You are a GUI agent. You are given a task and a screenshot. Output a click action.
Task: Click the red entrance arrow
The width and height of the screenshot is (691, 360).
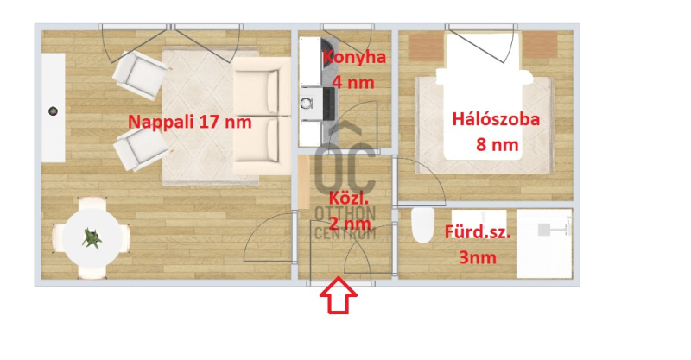click(x=339, y=295)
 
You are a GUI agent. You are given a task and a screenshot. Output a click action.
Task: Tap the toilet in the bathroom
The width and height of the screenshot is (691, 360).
click(x=423, y=225)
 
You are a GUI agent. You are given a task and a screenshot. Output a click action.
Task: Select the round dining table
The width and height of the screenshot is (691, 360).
click(x=92, y=238)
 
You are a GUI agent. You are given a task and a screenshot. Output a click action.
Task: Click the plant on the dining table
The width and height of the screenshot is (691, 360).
click(x=92, y=238)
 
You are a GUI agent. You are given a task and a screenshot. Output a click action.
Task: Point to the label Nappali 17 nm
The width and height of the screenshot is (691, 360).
click(x=189, y=122)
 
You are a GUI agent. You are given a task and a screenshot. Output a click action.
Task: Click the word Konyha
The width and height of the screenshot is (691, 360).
click(x=355, y=57)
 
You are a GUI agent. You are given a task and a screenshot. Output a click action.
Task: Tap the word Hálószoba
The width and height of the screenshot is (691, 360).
click(x=496, y=119)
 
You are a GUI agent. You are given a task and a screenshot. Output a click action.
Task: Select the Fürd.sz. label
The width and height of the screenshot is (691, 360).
click(x=478, y=231)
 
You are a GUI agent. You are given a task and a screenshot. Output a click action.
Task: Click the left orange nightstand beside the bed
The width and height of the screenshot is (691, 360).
click(x=426, y=46)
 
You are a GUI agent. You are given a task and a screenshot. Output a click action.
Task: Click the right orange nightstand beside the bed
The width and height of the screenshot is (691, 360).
click(x=540, y=45)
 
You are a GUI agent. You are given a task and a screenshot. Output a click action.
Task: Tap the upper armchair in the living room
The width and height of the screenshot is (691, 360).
click(x=140, y=74)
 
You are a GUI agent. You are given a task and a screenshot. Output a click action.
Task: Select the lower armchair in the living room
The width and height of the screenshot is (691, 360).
click(x=141, y=148)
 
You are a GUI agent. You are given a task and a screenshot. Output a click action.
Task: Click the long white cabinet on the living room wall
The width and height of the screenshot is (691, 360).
click(x=54, y=108)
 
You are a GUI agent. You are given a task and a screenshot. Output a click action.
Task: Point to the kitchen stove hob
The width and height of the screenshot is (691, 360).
click(x=329, y=104)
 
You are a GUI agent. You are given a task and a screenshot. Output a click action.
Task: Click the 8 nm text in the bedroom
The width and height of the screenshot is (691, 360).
click(x=498, y=144)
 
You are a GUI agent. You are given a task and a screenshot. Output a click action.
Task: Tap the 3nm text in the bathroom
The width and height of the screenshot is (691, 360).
click(x=478, y=257)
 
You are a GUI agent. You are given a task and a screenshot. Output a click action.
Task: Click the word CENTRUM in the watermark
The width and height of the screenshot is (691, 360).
click(x=345, y=232)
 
